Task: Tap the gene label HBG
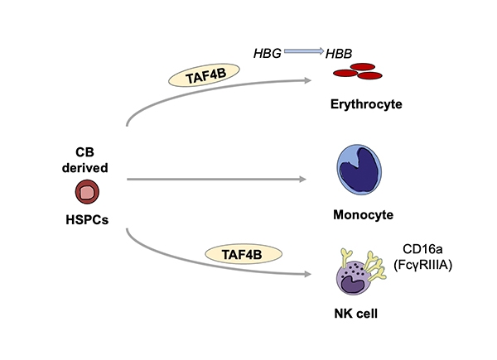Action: tap(268, 53)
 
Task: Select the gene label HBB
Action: tap(337, 53)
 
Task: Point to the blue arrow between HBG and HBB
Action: tap(302, 52)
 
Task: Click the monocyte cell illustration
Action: tap(359, 170)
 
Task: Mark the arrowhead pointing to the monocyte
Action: tap(303, 177)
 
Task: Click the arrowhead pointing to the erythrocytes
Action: tap(303, 80)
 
